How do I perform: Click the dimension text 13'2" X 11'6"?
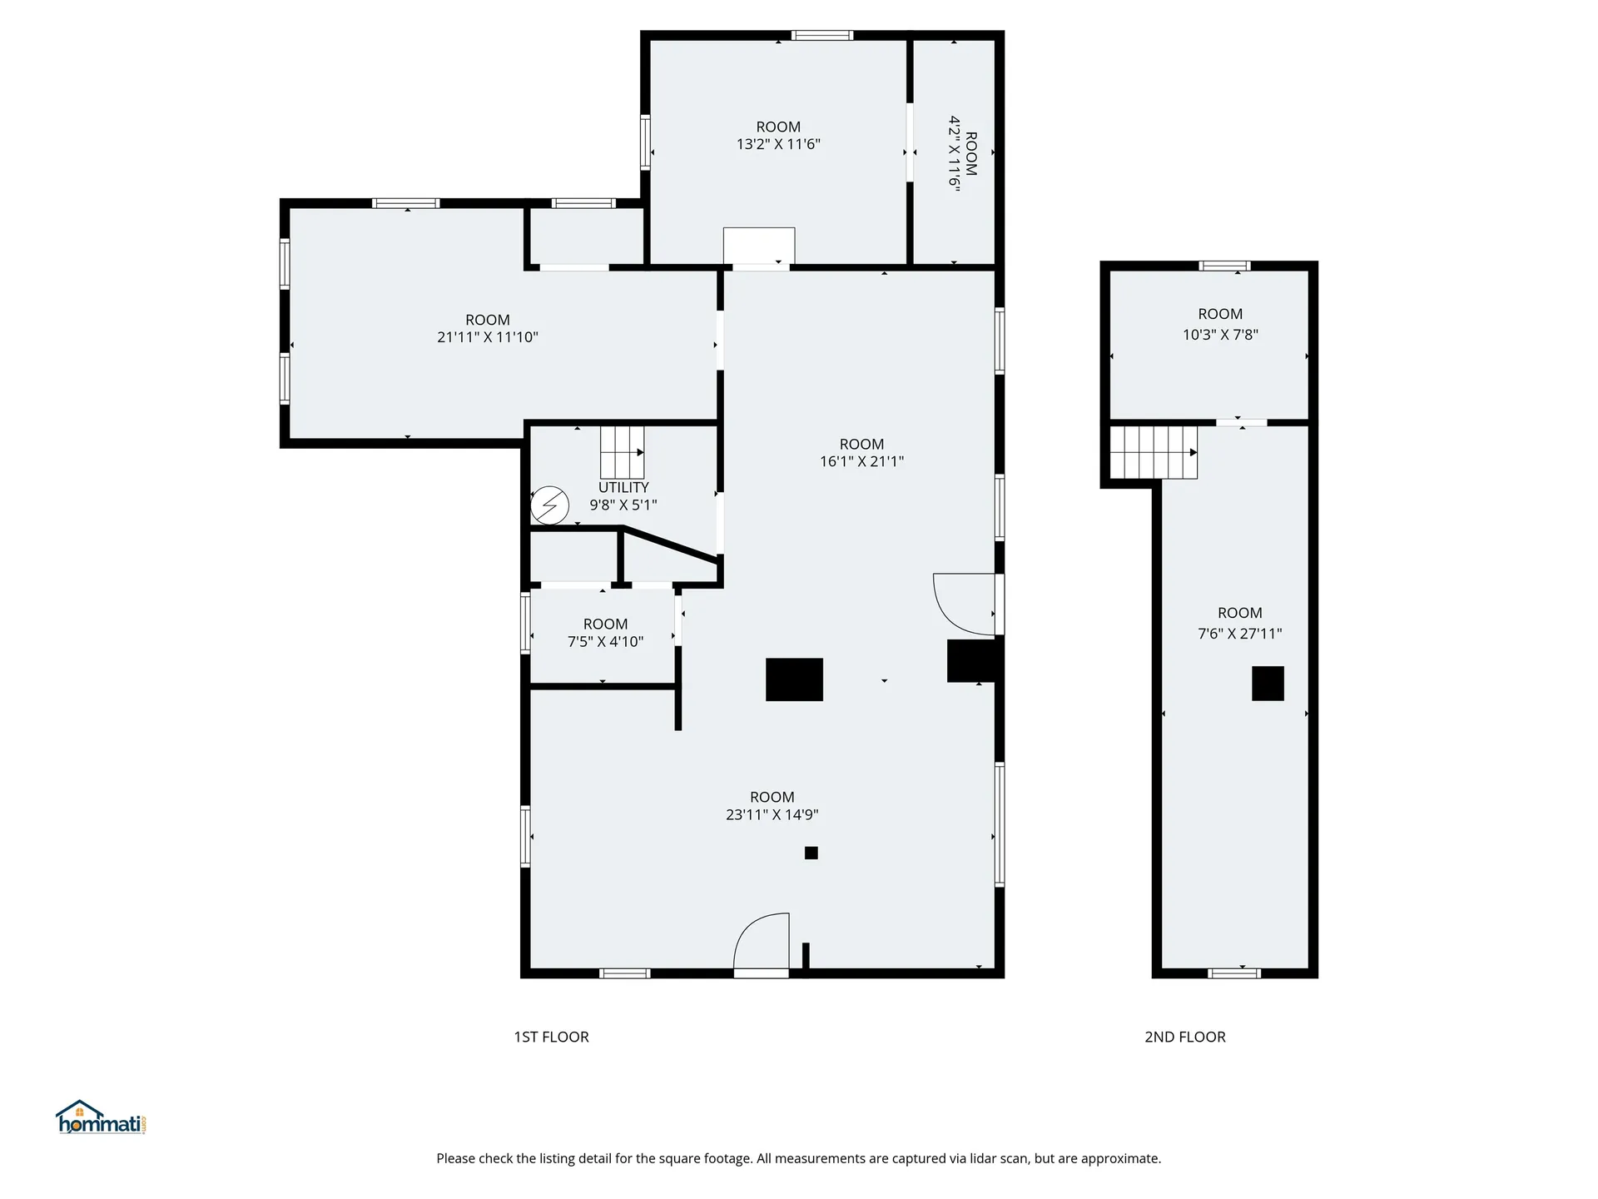click(x=778, y=144)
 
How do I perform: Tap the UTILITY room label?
click(x=623, y=487)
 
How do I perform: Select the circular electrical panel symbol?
click(x=550, y=505)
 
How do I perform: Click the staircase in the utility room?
click(x=622, y=452)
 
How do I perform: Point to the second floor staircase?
click(x=1154, y=452)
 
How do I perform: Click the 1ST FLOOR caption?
click(x=551, y=1037)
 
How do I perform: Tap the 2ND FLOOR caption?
click(x=1184, y=1037)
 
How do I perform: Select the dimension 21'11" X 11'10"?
click(x=488, y=337)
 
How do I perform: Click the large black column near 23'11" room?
click(x=794, y=679)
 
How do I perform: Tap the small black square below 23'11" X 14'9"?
click(x=811, y=853)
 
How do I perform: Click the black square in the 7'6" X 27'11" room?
click(x=1268, y=684)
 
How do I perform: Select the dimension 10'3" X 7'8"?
click(x=1220, y=335)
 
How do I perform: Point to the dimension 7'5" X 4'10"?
click(x=605, y=642)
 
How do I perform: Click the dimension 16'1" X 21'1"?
click(x=861, y=461)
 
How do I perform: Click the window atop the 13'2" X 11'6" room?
click(x=821, y=35)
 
